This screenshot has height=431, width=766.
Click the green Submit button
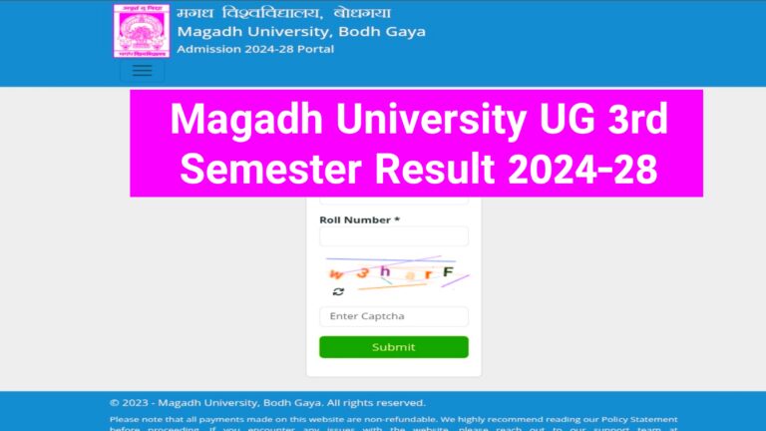pyautogui.click(x=393, y=347)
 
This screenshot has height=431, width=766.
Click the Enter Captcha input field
pyautogui.click(x=393, y=316)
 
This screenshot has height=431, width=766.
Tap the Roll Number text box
pyautogui.click(x=393, y=236)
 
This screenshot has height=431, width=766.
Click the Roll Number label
pyautogui.click(x=359, y=219)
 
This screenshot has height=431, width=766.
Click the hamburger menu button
pyautogui.click(x=142, y=71)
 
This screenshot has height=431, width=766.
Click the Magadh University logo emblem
pyautogui.click(x=141, y=31)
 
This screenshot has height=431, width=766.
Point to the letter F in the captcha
pyautogui.click(x=448, y=271)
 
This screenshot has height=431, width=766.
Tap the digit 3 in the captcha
pyautogui.click(x=363, y=272)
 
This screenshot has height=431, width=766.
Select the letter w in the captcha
pyautogui.click(x=336, y=274)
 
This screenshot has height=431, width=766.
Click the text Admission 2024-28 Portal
pyautogui.click(x=255, y=49)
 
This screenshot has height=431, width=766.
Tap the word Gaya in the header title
pyautogui.click(x=405, y=31)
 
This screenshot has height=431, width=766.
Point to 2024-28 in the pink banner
pyautogui.click(x=578, y=169)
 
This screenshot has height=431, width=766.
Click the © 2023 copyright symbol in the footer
pyautogui.click(x=114, y=403)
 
